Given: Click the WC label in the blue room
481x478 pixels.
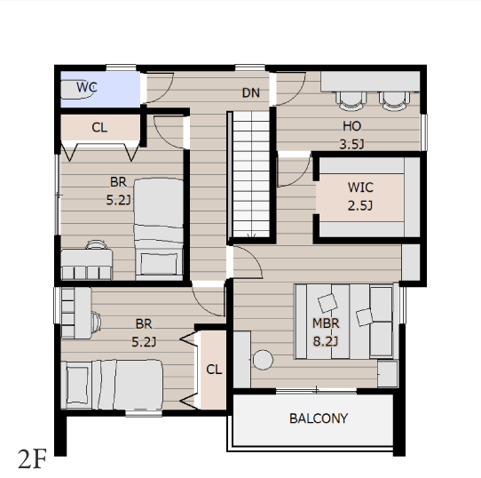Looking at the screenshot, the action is (86, 87).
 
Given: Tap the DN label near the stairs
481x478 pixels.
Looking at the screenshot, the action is (251, 92).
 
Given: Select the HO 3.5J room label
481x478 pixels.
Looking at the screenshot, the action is (351, 135).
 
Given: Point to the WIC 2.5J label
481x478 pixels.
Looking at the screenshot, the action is (360, 196).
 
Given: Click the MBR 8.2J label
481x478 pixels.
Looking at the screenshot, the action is (326, 332).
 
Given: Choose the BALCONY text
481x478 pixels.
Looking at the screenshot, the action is (319, 418).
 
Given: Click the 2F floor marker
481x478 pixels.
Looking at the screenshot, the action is (32, 458).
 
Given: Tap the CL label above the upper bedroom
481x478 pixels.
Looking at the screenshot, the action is (99, 127).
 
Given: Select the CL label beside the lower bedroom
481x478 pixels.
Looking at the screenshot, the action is (214, 370).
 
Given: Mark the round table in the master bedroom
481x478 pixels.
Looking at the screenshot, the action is (263, 360).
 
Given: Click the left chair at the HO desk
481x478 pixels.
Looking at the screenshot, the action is (351, 100).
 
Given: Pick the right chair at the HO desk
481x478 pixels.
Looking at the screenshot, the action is (394, 100).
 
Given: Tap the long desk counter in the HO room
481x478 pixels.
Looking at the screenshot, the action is (370, 82).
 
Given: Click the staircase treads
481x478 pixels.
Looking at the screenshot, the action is (251, 174).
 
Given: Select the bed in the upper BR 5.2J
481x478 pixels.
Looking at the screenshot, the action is (159, 229).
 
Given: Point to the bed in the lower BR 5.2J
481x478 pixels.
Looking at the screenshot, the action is (112, 385).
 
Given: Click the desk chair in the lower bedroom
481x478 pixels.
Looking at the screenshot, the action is (97, 322).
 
